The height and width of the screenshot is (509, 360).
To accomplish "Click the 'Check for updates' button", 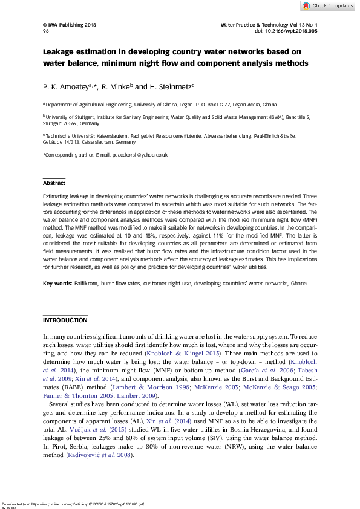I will tap(327, 5).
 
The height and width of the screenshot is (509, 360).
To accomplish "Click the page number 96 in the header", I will tap(45, 31).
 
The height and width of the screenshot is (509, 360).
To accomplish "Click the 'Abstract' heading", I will tap(53, 183).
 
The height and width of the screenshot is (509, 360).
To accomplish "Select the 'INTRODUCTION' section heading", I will tap(65, 319).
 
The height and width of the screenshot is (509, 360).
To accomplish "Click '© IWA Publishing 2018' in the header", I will tap(69, 25).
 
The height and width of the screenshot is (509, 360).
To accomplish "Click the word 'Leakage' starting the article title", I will tap(60, 52).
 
